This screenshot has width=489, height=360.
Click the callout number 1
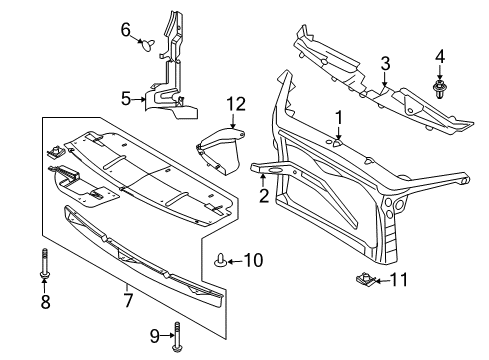coord(339,118)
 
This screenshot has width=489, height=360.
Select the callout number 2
coord(264,196)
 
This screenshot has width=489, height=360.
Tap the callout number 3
coord(385,63)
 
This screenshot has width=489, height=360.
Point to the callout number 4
coord(440,57)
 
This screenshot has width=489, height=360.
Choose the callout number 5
coord(126,99)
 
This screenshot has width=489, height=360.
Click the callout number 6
coord(125,30)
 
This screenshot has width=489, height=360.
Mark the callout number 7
coord(128,300)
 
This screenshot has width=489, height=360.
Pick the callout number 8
coord(45,302)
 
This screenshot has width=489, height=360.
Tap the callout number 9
coord(154,336)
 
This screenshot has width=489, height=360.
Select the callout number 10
coord(253,260)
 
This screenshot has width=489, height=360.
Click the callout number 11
coord(399,280)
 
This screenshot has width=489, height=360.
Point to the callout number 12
coord(236,104)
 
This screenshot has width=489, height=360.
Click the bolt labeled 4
coord(440,89)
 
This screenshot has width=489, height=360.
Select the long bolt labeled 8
coord(45,263)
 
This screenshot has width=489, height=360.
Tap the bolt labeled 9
coord(177,337)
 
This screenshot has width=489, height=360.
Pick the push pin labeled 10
coord(220,260)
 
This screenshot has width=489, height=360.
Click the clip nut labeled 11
coord(366,279)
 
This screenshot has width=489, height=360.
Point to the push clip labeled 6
coord(147,45)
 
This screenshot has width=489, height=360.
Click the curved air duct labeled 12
coord(221,151)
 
